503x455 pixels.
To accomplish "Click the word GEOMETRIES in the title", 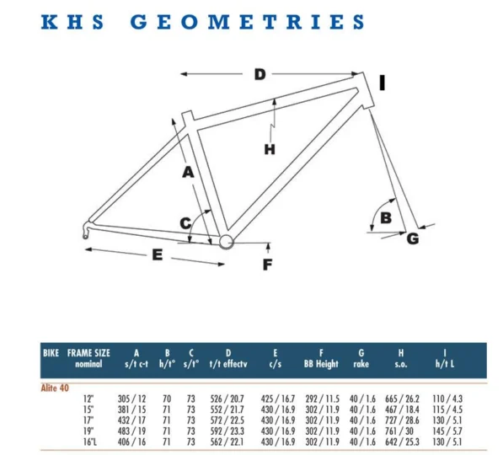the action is click(248, 22).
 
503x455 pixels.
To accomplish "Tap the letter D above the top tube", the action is click(260, 74).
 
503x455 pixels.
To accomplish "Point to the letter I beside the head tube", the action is click(382, 83).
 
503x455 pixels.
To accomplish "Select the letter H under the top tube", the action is click(270, 149).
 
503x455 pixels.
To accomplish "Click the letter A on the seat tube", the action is click(188, 172).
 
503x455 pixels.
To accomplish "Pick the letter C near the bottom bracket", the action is click(185, 222).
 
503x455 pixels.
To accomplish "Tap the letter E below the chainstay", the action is click(158, 254).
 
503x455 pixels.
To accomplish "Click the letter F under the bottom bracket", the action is click(268, 265).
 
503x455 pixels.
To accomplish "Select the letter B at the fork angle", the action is click(386, 218).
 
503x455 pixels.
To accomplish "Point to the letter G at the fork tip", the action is click(413, 238).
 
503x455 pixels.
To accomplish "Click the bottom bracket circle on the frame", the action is click(226, 241).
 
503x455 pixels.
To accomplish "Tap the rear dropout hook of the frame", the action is click(86, 229).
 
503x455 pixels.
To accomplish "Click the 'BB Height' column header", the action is click(321, 363).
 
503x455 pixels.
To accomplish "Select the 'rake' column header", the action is click(361, 364).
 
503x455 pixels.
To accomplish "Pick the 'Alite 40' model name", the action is click(55, 388).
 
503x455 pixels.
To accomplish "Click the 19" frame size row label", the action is click(88, 431).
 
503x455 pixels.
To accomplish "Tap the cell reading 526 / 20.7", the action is click(227, 399).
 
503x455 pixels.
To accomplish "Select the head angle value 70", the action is click(167, 399).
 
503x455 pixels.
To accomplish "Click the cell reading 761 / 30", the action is click(399, 431).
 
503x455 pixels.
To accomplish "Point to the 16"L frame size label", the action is click(90, 442).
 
